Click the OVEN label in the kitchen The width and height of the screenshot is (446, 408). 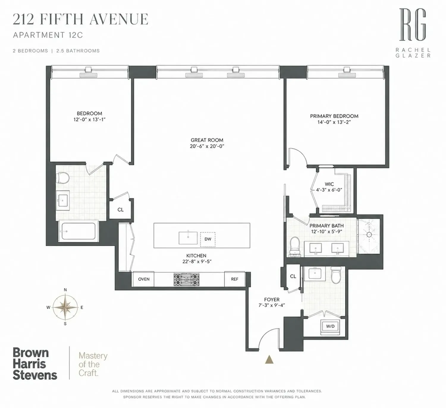point(144,279)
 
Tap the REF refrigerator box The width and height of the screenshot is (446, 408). point(235,279)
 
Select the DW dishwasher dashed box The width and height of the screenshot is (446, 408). point(208,239)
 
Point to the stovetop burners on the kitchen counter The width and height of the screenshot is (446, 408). point(186,279)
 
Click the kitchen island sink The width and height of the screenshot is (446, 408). point(188,238)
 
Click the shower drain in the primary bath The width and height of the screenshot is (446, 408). point(369,235)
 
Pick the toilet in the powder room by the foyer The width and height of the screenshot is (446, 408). point(336,274)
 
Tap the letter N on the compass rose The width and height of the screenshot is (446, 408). point(65,290)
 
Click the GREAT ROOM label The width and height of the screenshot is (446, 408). point(207,140)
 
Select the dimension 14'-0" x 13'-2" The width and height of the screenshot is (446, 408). point(334,122)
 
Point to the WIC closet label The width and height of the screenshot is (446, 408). point(329,184)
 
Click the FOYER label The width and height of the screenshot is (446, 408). point(272,299)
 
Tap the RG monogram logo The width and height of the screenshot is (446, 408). point(413,25)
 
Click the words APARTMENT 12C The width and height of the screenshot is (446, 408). point(48,35)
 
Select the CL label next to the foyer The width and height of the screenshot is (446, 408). point(293,276)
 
